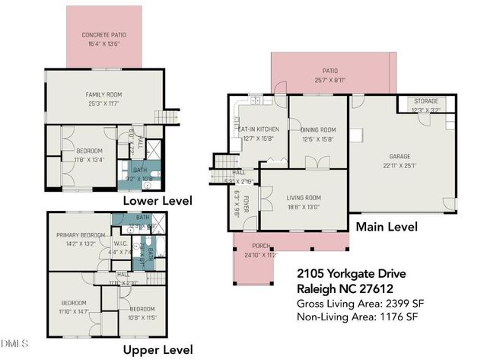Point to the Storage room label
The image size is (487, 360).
pyautogui.click(x=426, y=100)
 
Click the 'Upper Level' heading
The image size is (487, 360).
pyautogui.click(x=158, y=349)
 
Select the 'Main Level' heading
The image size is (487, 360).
pyautogui.click(x=387, y=226)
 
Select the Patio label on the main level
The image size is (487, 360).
pyautogui.click(x=329, y=68)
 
